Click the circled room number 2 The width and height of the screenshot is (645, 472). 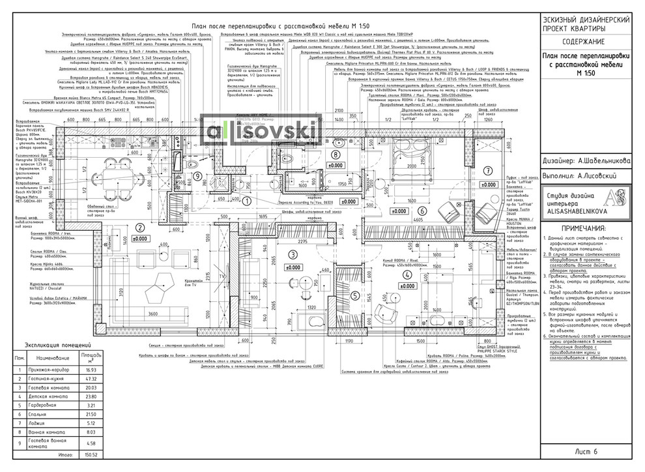tap(121, 227)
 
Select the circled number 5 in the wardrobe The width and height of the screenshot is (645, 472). tap(354, 295)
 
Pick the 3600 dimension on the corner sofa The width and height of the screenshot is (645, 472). tap(152, 315)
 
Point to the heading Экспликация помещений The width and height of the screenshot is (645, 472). tap(57, 345)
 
